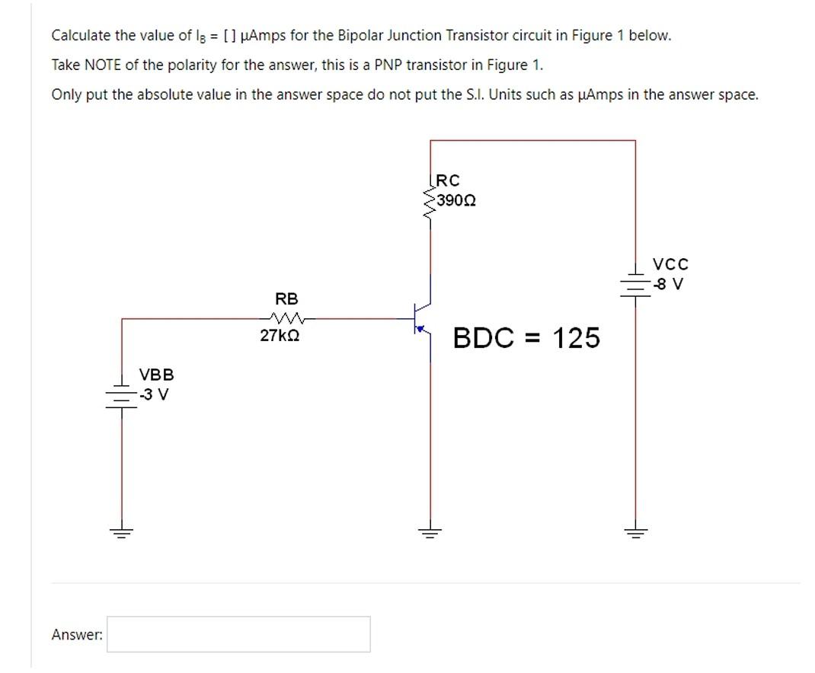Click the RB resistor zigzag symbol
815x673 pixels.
click(x=287, y=318)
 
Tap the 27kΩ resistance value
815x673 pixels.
click(x=280, y=336)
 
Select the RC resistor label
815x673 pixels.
click(x=449, y=181)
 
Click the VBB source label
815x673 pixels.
click(x=156, y=375)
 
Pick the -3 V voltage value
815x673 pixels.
click(x=155, y=394)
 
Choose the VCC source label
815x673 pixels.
click(x=670, y=265)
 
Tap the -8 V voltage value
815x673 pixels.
click(x=670, y=285)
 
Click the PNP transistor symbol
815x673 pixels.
click(x=421, y=319)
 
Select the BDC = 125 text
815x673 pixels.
click(x=526, y=338)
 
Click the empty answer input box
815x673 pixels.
click(x=238, y=634)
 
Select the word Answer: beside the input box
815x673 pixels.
click(x=77, y=634)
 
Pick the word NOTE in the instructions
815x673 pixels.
click(x=103, y=65)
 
